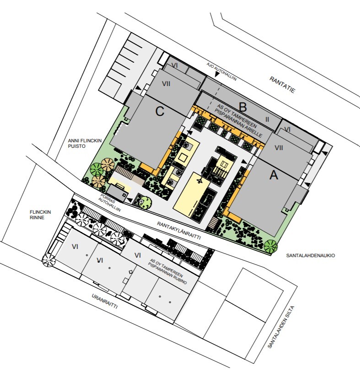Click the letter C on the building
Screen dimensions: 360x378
point(160,111)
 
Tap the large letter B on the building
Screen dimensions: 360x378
point(242,107)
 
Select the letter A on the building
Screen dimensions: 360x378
point(274,175)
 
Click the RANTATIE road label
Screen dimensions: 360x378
point(282,85)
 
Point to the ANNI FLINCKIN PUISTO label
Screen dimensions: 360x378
point(85,143)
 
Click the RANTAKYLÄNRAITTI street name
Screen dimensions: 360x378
point(179,231)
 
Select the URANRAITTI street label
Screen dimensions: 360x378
point(105,301)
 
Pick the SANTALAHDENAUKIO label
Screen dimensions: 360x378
point(310,255)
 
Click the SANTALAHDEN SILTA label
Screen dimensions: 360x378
point(281,327)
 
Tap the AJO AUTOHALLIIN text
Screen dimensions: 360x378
point(221,71)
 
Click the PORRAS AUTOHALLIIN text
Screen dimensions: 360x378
point(109,204)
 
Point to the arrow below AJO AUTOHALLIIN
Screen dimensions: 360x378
point(217,75)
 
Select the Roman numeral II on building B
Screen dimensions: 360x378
point(267,119)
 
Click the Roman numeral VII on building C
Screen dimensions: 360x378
point(166,84)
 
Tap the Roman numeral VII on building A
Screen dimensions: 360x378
point(279,148)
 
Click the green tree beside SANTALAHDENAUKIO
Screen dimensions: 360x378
point(271,246)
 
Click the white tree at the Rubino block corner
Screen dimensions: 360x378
point(48,260)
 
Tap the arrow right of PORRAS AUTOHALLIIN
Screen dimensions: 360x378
point(129,200)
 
